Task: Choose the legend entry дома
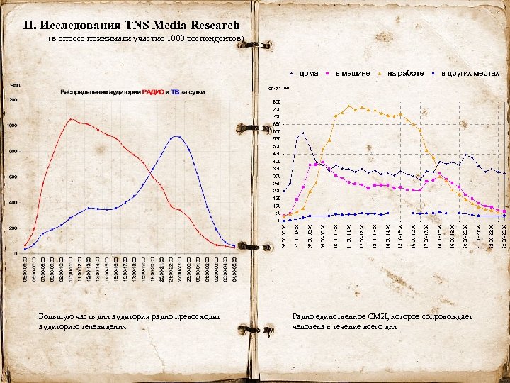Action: [x=307, y=73]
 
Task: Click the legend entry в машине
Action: [x=351, y=73]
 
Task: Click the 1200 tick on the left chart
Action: [x=12, y=100]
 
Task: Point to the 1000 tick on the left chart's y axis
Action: [x=12, y=126]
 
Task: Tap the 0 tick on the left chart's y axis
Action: [x=16, y=253]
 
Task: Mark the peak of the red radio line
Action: [x=71, y=119]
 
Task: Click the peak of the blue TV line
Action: [x=177, y=137]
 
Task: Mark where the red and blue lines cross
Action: [x=150, y=170]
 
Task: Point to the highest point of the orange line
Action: [x=349, y=106]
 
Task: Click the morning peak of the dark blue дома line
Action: [x=303, y=133]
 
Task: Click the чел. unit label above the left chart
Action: [x=15, y=84]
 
